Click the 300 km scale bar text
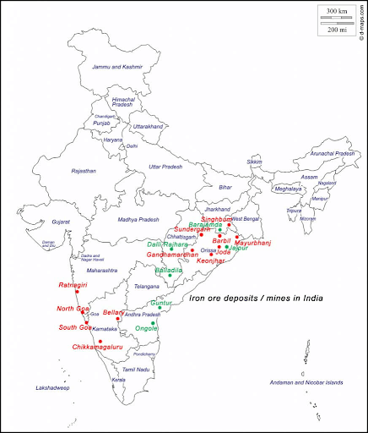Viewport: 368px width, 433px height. [x=336, y=11]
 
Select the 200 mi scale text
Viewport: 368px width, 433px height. [x=336, y=30]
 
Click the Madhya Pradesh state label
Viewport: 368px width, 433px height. [x=138, y=219]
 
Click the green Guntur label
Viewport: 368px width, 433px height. [x=160, y=303]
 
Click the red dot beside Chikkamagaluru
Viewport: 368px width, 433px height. [x=100, y=340]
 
